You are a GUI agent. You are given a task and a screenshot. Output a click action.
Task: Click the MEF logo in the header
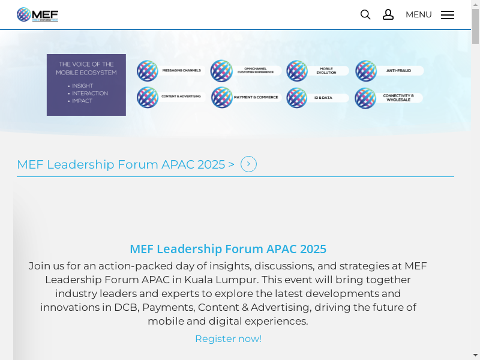point(37,14)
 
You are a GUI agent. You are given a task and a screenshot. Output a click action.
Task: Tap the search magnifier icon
point(365,14)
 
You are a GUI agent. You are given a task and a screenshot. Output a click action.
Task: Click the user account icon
point(388,14)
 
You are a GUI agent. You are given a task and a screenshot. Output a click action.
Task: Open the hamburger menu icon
point(448,15)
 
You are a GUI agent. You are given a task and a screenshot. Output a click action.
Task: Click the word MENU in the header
point(418,14)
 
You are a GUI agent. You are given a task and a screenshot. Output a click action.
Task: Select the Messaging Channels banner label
point(181,71)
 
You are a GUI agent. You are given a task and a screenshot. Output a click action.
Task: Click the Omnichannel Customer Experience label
point(256,71)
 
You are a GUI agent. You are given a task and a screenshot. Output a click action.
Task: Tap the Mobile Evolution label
point(326,71)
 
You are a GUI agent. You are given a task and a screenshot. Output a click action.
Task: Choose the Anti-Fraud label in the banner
point(398,71)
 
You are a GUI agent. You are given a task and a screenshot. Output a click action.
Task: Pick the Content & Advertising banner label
point(182,97)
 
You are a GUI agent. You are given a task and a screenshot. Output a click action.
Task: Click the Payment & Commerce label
point(256,97)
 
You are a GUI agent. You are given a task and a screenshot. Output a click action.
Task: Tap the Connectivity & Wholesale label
point(398,97)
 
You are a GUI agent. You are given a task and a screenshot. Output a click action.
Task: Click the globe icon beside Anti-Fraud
point(366,71)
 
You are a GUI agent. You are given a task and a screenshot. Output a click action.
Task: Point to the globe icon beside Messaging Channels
point(148,71)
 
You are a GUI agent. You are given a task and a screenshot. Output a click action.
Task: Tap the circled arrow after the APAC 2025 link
point(248,164)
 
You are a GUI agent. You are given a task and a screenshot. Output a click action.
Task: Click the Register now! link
point(228,338)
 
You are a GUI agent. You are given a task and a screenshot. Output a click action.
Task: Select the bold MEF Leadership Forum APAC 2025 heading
point(228,249)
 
